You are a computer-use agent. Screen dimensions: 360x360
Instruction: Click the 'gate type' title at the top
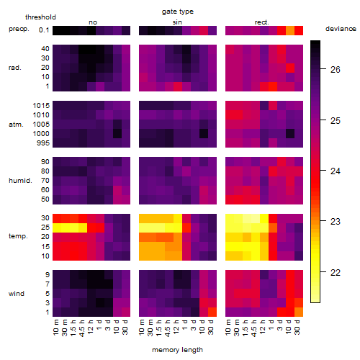[178, 12]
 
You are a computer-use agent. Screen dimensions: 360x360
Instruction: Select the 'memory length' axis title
[178, 350]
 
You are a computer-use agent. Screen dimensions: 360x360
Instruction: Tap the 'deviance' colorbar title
[341, 29]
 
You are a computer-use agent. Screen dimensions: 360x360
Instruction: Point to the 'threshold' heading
[40, 17]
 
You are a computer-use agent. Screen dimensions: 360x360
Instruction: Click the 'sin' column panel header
[177, 22]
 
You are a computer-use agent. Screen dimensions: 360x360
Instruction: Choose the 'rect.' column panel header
[262, 22]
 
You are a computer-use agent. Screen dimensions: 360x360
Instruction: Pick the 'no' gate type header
[93, 22]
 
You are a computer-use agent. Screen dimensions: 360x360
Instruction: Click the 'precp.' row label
[19, 29]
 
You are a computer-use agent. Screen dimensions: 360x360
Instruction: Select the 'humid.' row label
[20, 180]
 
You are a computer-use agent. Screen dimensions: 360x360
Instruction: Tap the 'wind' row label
[17, 294]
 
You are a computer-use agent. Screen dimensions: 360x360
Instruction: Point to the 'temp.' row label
[18, 236]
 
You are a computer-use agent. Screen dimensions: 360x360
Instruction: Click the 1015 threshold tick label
[41, 105]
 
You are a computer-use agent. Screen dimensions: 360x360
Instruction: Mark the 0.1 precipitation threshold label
[44, 30]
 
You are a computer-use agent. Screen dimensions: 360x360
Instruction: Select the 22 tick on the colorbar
[336, 273]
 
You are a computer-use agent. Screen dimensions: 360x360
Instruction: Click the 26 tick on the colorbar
[336, 70]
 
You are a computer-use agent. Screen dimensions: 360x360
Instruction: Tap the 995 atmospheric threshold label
[43, 143]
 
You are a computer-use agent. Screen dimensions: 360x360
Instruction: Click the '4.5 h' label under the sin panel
[167, 328]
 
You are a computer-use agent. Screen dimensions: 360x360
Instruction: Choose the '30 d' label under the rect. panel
[297, 328]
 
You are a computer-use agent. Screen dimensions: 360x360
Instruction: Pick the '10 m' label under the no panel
[55, 328]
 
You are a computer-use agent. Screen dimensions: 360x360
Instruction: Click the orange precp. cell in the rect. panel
[290, 30]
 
